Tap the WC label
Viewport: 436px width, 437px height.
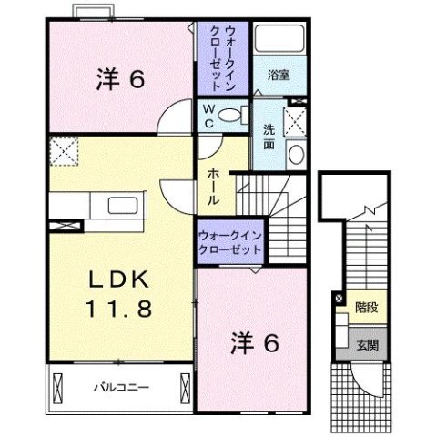[208, 115]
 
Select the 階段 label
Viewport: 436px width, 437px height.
[367, 307]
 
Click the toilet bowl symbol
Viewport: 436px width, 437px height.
[233, 115]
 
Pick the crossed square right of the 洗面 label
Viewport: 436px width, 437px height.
[294, 122]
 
